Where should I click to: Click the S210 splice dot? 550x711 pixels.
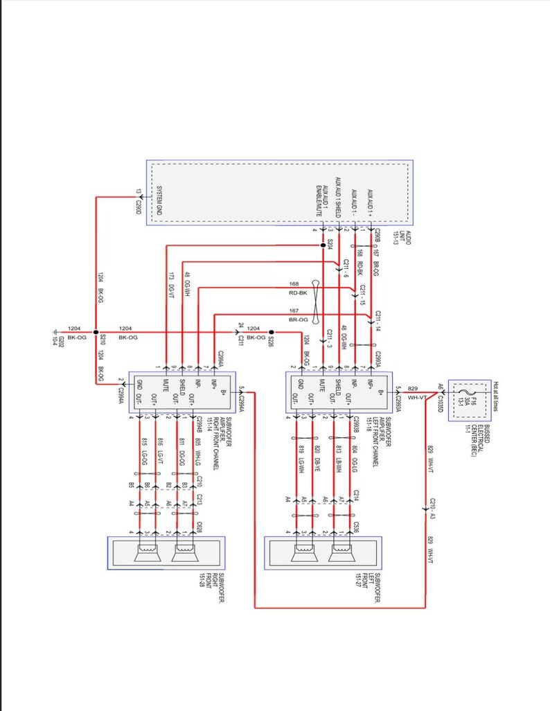tap(96, 332)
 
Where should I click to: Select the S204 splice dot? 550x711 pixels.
tap(323, 245)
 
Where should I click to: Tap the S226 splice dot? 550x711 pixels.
tap(272, 332)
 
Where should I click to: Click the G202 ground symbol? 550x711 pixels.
tap(55, 337)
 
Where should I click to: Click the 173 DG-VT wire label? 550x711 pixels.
tap(170, 286)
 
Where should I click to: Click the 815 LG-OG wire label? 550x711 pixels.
tap(143, 450)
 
